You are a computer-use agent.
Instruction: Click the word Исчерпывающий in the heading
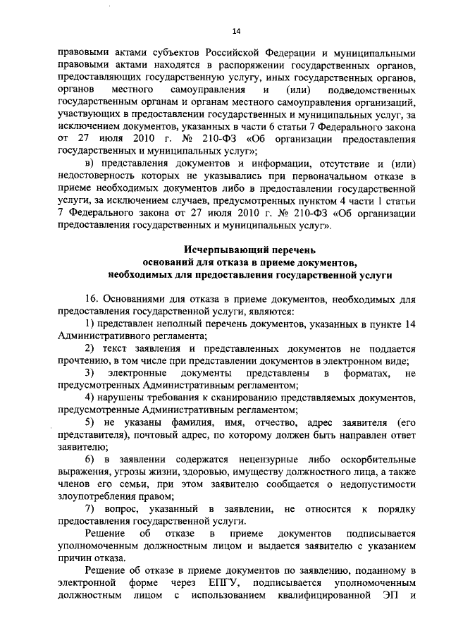coord(219,250)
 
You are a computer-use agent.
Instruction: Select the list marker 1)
coord(89,324)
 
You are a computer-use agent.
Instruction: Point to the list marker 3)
coord(89,372)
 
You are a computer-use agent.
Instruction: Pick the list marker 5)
coord(89,421)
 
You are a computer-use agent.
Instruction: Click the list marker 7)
coord(89,509)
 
